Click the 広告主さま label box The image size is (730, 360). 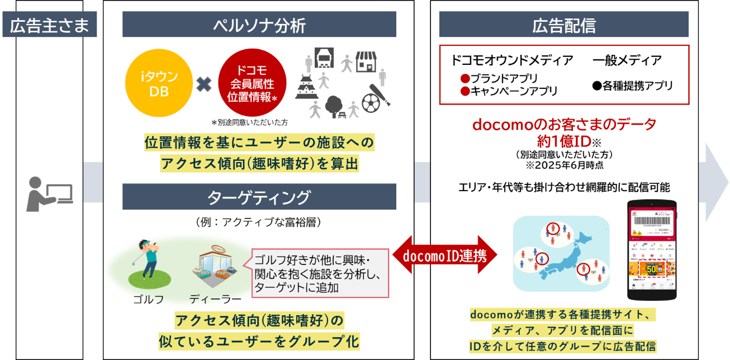[49, 26]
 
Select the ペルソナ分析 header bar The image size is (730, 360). [259, 25]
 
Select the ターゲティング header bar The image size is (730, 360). [259, 197]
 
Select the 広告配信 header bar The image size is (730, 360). [564, 25]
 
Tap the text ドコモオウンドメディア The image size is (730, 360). [512, 60]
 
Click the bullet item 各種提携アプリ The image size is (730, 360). [632, 86]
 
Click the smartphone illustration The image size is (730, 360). [652, 250]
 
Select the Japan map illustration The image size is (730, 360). [561, 253]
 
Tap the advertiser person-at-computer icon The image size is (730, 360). [49, 193]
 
